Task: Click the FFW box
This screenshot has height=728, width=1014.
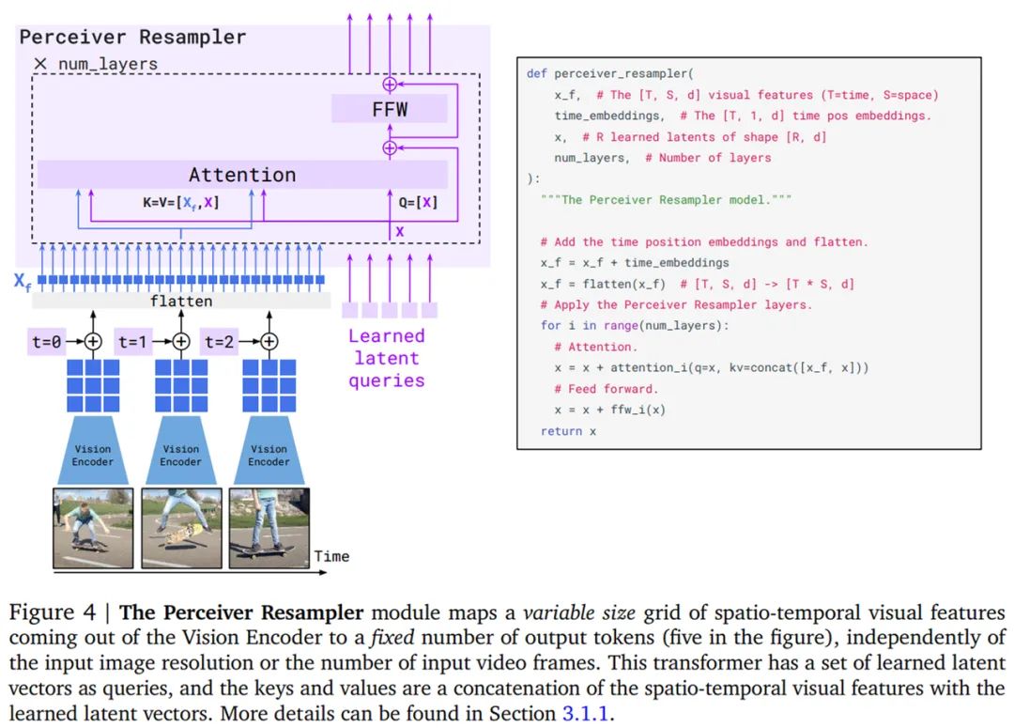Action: click(x=390, y=109)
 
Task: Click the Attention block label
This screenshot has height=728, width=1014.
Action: click(x=242, y=175)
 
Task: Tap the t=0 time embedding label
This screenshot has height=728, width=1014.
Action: click(x=47, y=341)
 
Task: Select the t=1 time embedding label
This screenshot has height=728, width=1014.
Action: click(x=133, y=341)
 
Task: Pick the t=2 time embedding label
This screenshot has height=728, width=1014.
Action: click(x=219, y=341)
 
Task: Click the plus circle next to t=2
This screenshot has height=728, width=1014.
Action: click(x=269, y=341)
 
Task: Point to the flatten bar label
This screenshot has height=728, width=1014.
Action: click(x=181, y=301)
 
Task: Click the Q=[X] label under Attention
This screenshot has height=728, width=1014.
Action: click(x=418, y=203)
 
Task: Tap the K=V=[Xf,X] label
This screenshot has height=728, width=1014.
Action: click(x=181, y=203)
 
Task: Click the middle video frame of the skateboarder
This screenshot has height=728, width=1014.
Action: click(x=182, y=528)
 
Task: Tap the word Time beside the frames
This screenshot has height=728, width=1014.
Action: click(x=331, y=556)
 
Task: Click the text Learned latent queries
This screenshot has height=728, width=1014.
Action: click(x=387, y=358)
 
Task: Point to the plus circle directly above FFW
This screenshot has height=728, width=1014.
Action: click(x=390, y=85)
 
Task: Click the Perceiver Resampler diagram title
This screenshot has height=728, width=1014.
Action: click(x=132, y=37)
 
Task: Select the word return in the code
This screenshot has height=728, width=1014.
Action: click(x=561, y=431)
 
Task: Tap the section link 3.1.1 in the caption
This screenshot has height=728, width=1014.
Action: click(x=585, y=713)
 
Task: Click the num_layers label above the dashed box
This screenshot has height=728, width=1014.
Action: click(x=107, y=64)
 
